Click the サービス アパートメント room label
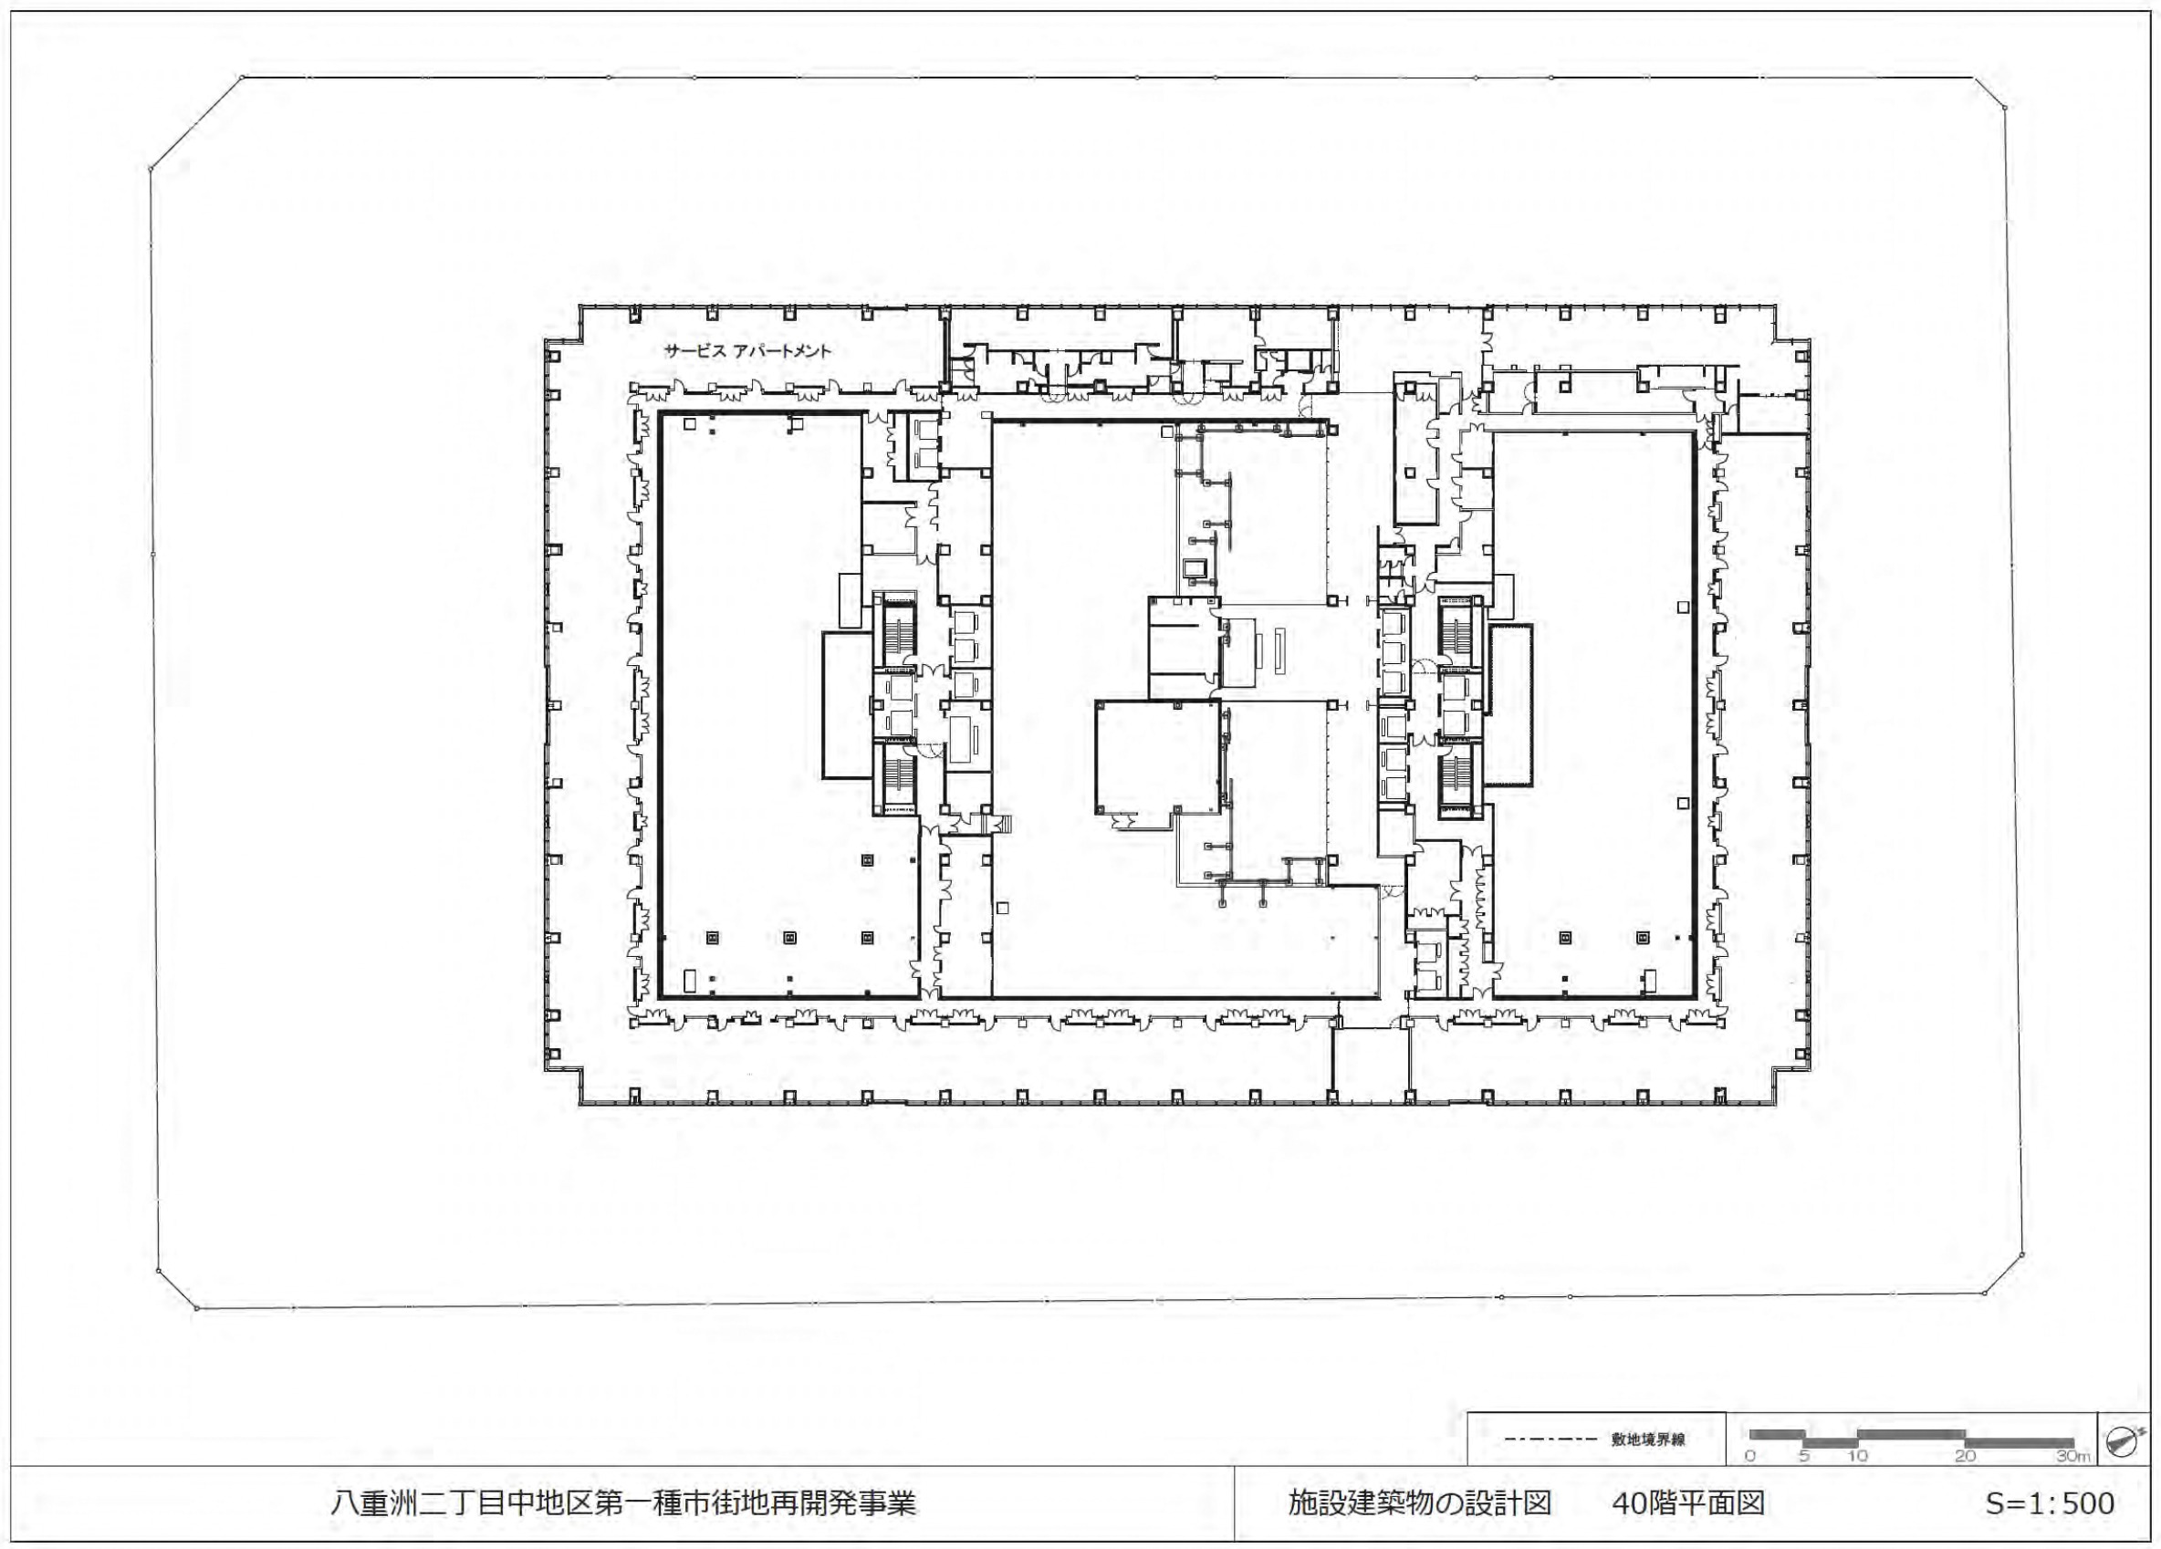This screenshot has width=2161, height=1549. [748, 350]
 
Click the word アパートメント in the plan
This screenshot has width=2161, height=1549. [781, 350]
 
